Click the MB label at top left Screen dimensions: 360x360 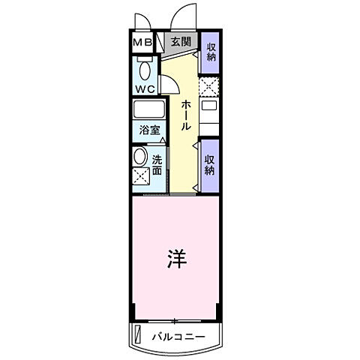click(142, 42)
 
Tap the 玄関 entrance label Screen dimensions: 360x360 click(179, 42)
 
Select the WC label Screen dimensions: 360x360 click(145, 87)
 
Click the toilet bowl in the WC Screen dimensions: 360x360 click(144, 71)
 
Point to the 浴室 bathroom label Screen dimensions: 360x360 click(148, 130)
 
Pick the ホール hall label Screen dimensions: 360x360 click(184, 116)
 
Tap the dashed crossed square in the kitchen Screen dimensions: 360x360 click(209, 88)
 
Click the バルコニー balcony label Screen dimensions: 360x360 click(176, 336)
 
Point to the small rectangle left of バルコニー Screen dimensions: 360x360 click(137, 334)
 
